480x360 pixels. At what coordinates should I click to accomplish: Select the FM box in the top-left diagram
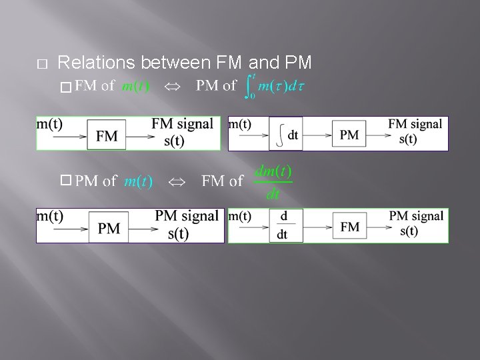tap(107, 137)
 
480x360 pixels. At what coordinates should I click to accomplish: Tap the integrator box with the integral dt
tap(286, 134)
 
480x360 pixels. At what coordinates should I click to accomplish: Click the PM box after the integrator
tap(349, 135)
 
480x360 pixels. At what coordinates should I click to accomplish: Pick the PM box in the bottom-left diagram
tap(109, 229)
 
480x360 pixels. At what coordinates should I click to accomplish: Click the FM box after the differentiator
tap(349, 227)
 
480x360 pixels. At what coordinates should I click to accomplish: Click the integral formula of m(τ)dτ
tap(275, 87)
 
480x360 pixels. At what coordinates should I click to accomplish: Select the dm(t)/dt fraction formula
tap(273, 182)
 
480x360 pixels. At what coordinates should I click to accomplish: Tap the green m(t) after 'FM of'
tap(135, 87)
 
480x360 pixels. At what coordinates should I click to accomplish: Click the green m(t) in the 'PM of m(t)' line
tap(139, 181)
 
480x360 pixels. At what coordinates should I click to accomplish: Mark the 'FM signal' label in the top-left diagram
tap(182, 124)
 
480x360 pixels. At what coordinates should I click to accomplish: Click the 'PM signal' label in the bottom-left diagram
tap(186, 216)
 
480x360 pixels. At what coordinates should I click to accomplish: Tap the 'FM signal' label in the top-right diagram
tap(415, 124)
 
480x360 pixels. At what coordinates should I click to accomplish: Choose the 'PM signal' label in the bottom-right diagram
tap(416, 216)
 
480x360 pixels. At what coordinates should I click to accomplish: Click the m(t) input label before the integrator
tap(240, 124)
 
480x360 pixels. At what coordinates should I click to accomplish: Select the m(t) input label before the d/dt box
tap(240, 216)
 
